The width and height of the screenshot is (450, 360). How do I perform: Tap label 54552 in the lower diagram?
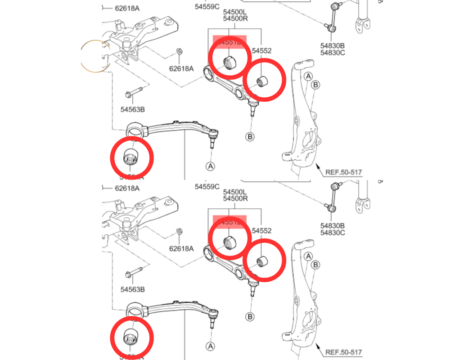pos(261,231)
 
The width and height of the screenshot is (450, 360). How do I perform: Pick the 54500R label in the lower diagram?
pos(235,198)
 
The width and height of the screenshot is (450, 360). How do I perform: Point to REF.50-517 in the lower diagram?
pos(343,352)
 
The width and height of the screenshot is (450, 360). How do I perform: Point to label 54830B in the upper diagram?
pos(332,46)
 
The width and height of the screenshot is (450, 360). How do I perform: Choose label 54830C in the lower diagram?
pos(332,233)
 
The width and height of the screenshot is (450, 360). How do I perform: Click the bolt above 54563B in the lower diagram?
pos(135,273)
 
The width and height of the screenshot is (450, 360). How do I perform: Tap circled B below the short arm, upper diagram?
pos(250,136)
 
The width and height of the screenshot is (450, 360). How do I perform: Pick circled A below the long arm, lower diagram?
pos(210,346)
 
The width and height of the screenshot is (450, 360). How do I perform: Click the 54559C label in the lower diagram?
pos(207,186)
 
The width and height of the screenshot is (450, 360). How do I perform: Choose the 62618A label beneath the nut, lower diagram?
pos(181,248)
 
